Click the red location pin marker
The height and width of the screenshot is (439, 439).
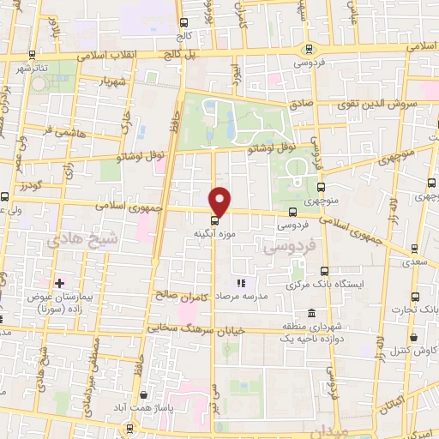[220, 201]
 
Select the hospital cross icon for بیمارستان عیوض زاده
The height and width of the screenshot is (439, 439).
[59, 283]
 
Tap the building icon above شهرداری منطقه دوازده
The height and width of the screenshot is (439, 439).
[310, 313]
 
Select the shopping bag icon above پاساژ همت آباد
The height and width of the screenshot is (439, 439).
[142, 395]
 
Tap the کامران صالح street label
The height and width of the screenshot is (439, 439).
[182, 294]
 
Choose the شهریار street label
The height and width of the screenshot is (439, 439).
[111, 82]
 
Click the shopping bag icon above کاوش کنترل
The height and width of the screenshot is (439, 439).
[413, 338]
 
